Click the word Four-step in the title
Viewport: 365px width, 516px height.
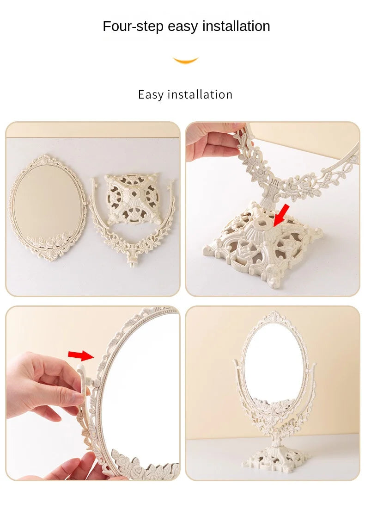(x=133, y=26)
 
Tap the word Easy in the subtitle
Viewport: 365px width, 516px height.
(x=151, y=94)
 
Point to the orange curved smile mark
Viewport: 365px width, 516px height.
(x=185, y=61)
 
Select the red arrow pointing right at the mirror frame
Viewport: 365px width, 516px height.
(x=80, y=355)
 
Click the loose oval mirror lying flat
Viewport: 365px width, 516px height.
(x=47, y=204)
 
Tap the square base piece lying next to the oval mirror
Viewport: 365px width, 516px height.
(x=132, y=199)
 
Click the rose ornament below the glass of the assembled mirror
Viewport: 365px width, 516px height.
(x=274, y=410)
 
